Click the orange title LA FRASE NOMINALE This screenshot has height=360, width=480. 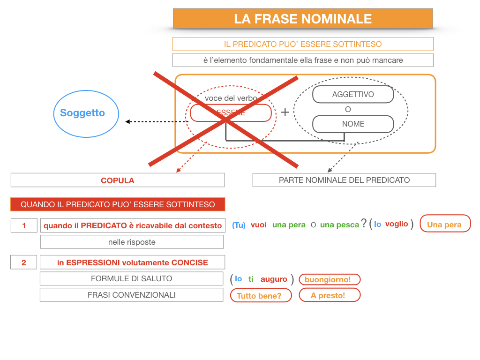point(303,19)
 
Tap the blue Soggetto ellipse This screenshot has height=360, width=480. point(86,113)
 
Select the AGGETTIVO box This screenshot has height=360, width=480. point(353,94)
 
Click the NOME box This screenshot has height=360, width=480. point(353,124)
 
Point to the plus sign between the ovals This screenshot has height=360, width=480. point(285,112)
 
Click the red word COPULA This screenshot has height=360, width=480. point(117,180)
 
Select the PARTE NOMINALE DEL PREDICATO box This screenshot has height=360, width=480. point(344,180)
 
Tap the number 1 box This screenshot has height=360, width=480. point(24,225)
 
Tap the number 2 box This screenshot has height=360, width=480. point(24,262)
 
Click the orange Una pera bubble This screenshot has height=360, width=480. point(444,225)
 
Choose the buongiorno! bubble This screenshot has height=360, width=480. point(329,279)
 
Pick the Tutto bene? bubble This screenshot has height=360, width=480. point(261,296)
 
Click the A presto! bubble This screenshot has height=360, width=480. point(329,295)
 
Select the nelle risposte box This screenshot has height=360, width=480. point(132,242)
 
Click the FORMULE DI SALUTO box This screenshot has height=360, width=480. point(131,278)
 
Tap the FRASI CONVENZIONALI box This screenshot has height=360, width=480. point(131,295)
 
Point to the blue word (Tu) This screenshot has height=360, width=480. point(239,225)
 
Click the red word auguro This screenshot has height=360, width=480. point(274,279)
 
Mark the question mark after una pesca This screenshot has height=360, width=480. point(364,224)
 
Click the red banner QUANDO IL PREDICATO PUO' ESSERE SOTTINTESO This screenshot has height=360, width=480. point(118,204)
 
